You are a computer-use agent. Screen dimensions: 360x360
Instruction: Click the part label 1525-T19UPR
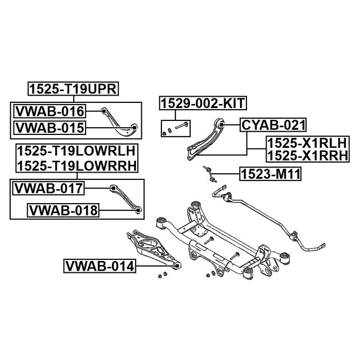pos(73,89)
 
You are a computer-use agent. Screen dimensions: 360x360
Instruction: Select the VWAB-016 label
pos(50,111)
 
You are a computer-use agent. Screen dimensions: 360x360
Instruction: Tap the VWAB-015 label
pos(50,128)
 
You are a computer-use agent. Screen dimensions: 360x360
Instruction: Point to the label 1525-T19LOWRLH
pos(76,151)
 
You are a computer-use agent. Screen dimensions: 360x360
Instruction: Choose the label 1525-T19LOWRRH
pos(76,165)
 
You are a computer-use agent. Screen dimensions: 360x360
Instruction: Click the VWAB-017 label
pos(48,188)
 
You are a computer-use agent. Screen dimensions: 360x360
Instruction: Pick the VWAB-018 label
pos(63,210)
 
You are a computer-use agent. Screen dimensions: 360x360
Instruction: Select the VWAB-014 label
pos(100,266)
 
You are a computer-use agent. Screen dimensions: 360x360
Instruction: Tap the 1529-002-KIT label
pos(203,103)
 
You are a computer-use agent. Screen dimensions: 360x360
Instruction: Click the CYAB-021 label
pos(273,125)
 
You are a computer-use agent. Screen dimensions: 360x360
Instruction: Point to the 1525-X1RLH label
pos(307,143)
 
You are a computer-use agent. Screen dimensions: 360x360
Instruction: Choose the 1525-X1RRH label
pos(308,155)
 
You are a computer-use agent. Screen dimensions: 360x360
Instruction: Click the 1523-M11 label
pos(270,174)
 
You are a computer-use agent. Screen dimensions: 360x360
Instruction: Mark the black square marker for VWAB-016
pos(103,111)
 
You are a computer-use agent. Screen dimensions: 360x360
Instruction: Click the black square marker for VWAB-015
pos(135,128)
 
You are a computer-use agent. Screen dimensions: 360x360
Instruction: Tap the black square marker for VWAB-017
pos(113,188)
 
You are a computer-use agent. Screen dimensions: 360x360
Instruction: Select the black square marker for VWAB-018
pos(138,210)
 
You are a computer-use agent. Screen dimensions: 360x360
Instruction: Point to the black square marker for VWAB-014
pos(177,266)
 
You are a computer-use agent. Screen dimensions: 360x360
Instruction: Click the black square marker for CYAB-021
pos(221,125)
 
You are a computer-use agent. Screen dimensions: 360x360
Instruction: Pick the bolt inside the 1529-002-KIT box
pos(182,125)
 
